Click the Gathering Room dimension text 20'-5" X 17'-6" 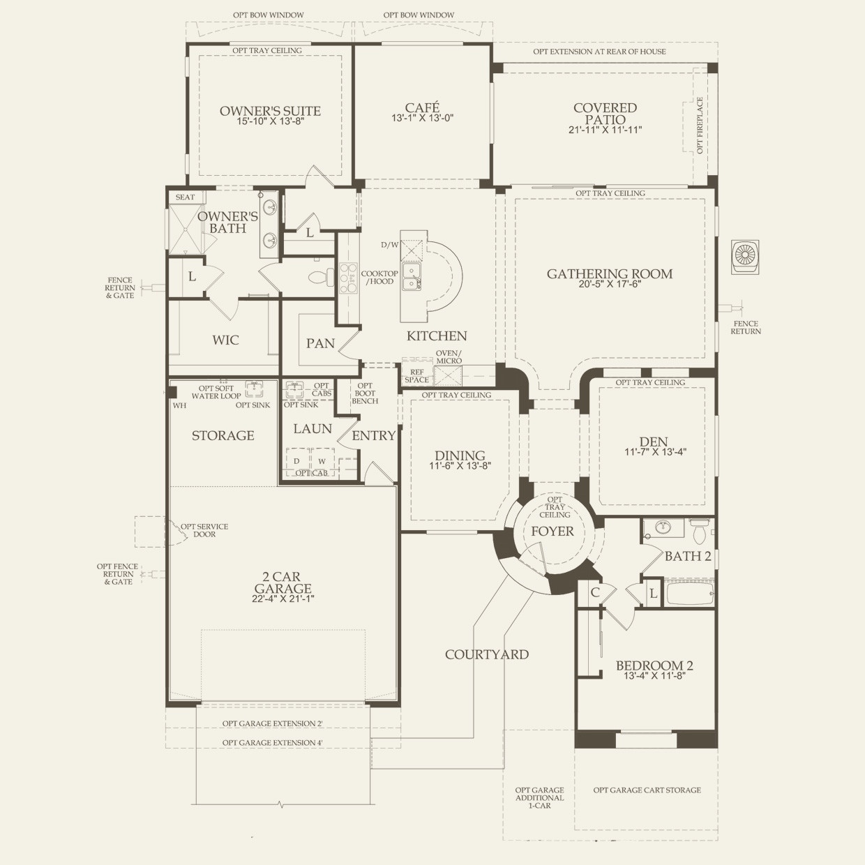[610, 284]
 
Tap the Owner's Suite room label [270, 111]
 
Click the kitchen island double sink [411, 277]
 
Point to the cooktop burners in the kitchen [348, 278]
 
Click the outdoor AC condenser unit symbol [745, 257]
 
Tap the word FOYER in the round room [552, 532]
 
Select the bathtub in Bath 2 [689, 594]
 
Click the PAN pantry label [320, 343]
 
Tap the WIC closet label [225, 340]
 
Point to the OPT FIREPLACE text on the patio [700, 126]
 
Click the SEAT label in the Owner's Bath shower [185, 197]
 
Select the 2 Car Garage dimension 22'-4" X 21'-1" [283, 599]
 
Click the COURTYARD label [487, 654]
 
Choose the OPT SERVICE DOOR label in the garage [204, 530]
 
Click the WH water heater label [179, 405]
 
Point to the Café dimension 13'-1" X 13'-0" [423, 118]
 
